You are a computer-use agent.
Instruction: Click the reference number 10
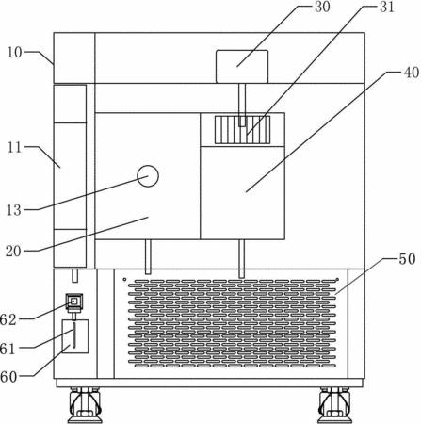(14, 53)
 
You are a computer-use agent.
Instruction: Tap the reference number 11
(14, 147)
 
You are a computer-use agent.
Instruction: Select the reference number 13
(14, 210)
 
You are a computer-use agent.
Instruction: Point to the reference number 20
(13, 251)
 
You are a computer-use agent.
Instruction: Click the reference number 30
(322, 7)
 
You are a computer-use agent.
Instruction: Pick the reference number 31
(387, 7)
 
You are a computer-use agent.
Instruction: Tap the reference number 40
(412, 73)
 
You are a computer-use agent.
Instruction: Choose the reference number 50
(407, 259)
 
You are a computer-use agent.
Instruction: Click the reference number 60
(8, 377)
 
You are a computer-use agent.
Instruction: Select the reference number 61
(8, 349)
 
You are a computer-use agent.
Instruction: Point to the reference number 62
(8, 319)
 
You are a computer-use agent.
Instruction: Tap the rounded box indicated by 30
(242, 67)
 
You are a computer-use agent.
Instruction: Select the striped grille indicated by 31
(242, 130)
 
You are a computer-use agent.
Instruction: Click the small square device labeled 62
(74, 302)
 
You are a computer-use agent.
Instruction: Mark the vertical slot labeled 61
(74, 334)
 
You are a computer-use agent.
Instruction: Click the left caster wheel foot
(85, 405)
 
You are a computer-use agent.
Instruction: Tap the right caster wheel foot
(335, 405)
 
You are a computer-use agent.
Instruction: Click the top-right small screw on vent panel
(337, 279)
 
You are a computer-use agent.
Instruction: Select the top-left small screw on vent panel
(124, 279)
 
